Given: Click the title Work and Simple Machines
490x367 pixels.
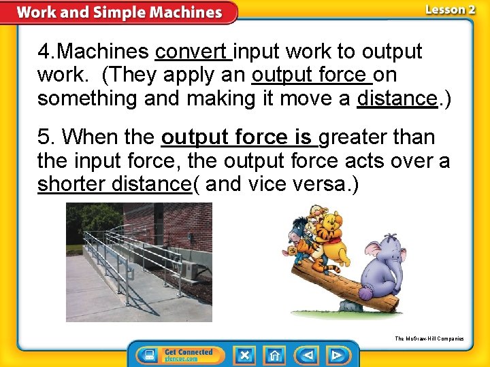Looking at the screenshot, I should pyautogui.click(x=119, y=12).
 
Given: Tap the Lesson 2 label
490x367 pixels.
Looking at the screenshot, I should pyautogui.click(x=450, y=10).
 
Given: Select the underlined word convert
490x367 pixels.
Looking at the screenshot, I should pyautogui.click(x=193, y=52).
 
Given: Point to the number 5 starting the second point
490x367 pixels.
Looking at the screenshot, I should pyautogui.click(x=44, y=137).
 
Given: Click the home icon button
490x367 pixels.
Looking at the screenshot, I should pyautogui.click(x=274, y=355).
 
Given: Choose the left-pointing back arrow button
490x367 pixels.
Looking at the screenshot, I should pyautogui.click(x=307, y=355).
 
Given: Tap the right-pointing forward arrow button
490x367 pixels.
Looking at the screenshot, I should pyautogui.click(x=336, y=355).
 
